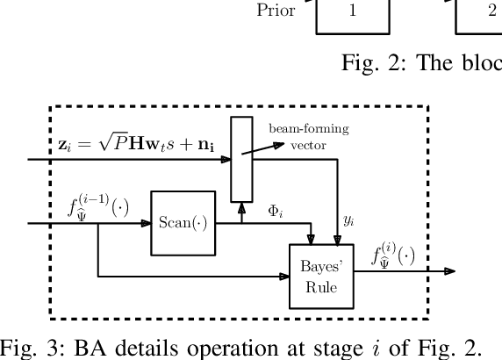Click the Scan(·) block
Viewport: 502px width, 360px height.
(183, 223)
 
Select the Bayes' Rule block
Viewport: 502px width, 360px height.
(321, 276)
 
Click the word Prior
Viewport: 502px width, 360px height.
(276, 11)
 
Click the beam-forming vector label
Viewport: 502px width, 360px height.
(308, 136)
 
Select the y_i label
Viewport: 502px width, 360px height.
(348, 220)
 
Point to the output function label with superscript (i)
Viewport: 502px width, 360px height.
(391, 256)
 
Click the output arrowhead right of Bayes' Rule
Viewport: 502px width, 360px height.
(449, 271)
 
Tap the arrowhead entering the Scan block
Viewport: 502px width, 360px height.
(146, 223)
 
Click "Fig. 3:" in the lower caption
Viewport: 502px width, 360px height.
(27, 343)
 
